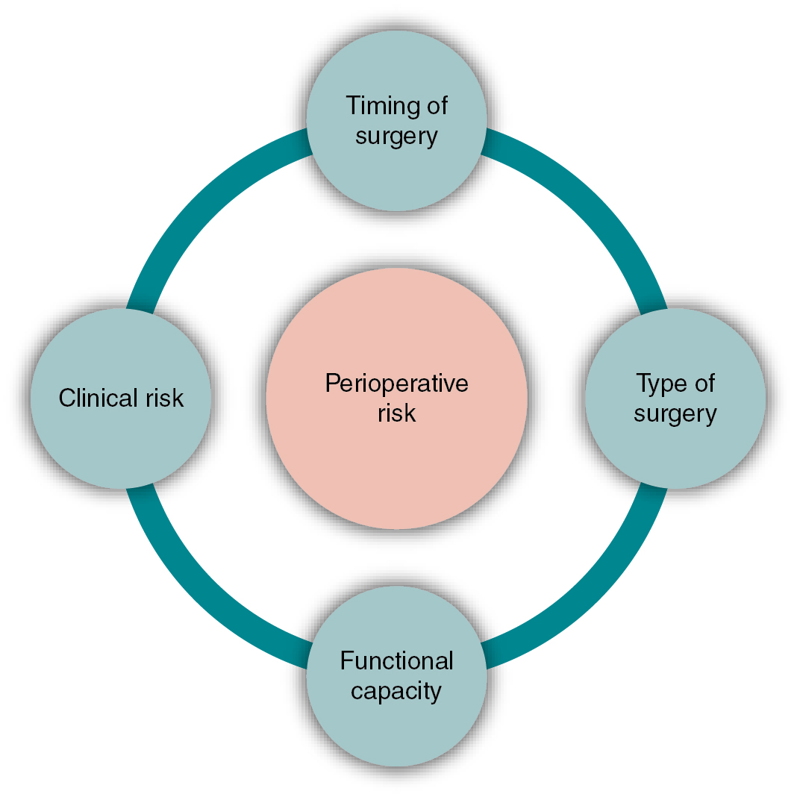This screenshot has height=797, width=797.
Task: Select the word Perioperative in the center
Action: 396,384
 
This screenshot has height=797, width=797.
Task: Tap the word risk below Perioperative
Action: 396,413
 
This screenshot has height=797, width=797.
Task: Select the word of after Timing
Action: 435,105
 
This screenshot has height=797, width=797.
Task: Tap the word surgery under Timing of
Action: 396,137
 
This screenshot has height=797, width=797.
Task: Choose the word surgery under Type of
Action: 675,413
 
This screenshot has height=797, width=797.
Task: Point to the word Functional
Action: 396,661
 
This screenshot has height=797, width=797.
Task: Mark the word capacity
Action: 396,691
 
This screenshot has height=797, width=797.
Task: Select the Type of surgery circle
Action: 675,455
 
